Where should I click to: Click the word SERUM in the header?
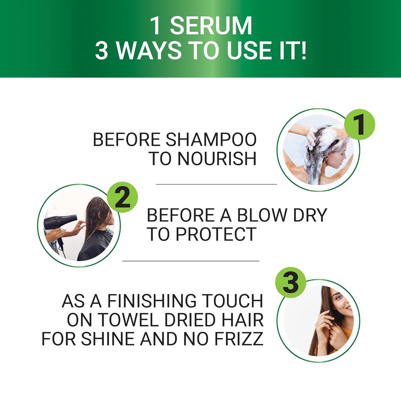click(x=211, y=26)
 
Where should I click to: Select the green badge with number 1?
click(x=360, y=125)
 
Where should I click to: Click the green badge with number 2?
click(x=122, y=197)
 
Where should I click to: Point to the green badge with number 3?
click(x=291, y=283)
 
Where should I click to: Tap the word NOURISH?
click(x=217, y=159)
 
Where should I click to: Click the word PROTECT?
click(x=216, y=234)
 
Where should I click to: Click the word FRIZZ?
click(x=239, y=339)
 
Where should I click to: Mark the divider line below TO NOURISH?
click(x=216, y=184)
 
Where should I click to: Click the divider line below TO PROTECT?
click(x=191, y=261)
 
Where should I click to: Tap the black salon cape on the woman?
click(x=96, y=246)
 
